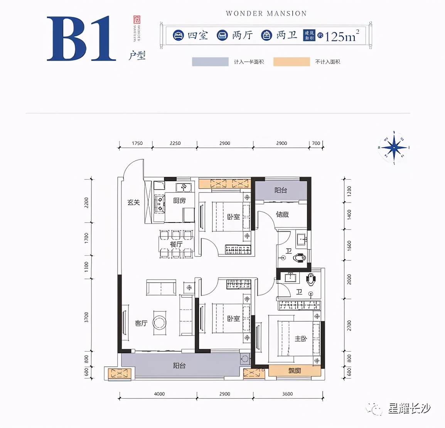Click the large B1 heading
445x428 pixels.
[81, 39]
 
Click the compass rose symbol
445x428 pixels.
[394, 147]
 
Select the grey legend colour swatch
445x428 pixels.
[210, 62]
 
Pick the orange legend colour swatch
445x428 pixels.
[292, 62]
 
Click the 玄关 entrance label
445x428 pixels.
[133, 202]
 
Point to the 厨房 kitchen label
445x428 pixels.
[179, 201]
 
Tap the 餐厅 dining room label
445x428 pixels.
[176, 244]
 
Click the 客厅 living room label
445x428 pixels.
[141, 323]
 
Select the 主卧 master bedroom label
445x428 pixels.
[301, 339]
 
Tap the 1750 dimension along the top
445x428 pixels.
[137, 143]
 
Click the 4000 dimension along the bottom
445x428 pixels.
[159, 394]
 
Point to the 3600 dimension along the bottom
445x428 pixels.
[287, 394]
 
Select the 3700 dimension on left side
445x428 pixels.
[86, 317]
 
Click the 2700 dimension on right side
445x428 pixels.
[349, 325]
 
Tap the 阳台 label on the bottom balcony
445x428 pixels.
[179, 366]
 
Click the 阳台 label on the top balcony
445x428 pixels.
[281, 190]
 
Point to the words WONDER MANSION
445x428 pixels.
[266, 13]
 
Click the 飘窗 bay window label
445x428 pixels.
[295, 371]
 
